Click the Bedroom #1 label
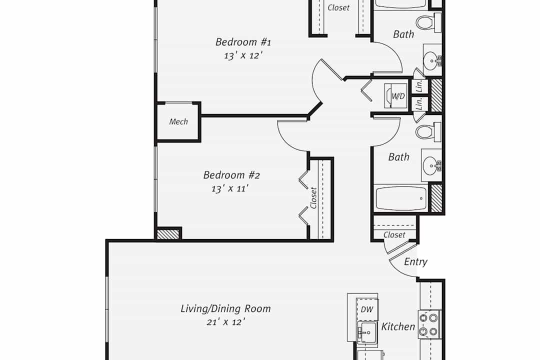[x=243, y=42]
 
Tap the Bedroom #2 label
[x=231, y=175]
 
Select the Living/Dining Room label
[x=225, y=308]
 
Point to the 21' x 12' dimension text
[x=226, y=322]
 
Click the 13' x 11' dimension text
[x=230, y=189]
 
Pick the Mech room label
[x=178, y=121]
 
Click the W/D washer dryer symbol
[x=396, y=96]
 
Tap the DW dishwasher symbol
[x=367, y=308]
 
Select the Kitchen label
[x=398, y=326]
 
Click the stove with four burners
[x=429, y=324]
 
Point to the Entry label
[x=415, y=262]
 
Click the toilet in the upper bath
[x=428, y=22]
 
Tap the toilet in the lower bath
[x=428, y=132]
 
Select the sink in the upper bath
[x=432, y=60]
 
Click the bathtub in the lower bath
[x=401, y=198]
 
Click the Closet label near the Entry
[x=394, y=235]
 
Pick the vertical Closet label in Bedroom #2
[x=313, y=197]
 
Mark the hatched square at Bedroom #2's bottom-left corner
[x=168, y=234]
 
